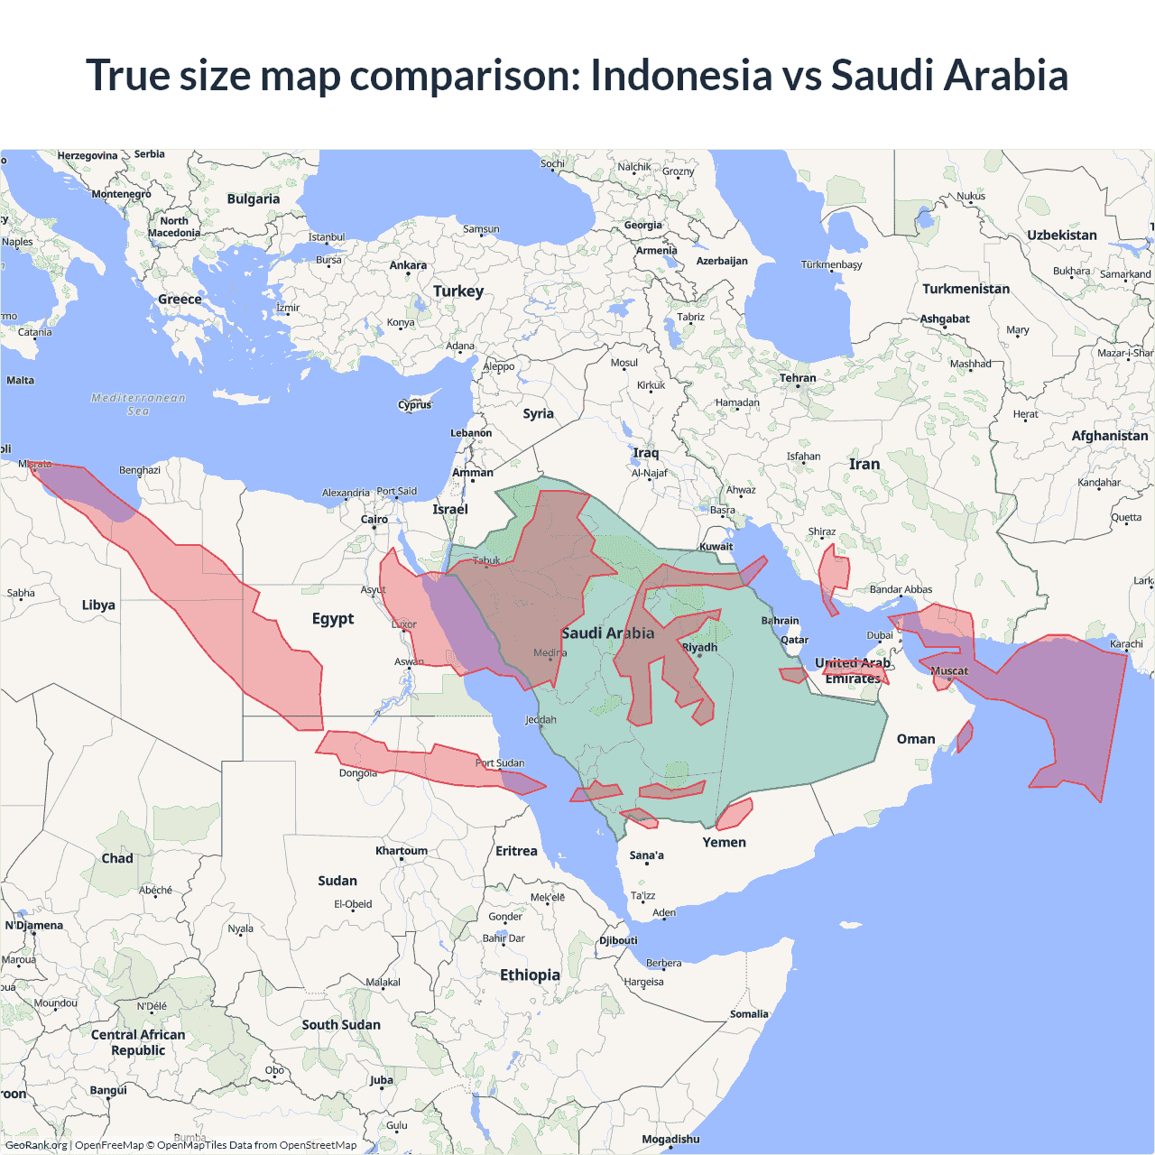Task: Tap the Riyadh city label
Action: [x=699, y=647]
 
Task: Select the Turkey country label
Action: [x=458, y=291]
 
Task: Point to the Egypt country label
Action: [x=333, y=618]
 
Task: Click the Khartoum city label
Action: [x=402, y=851]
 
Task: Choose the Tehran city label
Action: [x=798, y=378]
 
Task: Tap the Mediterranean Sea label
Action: [x=138, y=404]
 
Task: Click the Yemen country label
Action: [x=725, y=842]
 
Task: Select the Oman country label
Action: [x=916, y=739]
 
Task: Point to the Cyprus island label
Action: [x=415, y=404]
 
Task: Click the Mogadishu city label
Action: [x=670, y=1139]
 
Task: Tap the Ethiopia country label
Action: [x=530, y=975]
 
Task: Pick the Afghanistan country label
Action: [x=1110, y=436]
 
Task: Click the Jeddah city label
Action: [x=541, y=719]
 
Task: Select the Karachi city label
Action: [x=1126, y=643]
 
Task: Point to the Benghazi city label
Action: [x=140, y=470]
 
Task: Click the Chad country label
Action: [x=117, y=858]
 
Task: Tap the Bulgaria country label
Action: [x=254, y=199]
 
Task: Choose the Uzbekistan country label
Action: [x=1062, y=235]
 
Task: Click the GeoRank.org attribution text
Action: [x=36, y=1145]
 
